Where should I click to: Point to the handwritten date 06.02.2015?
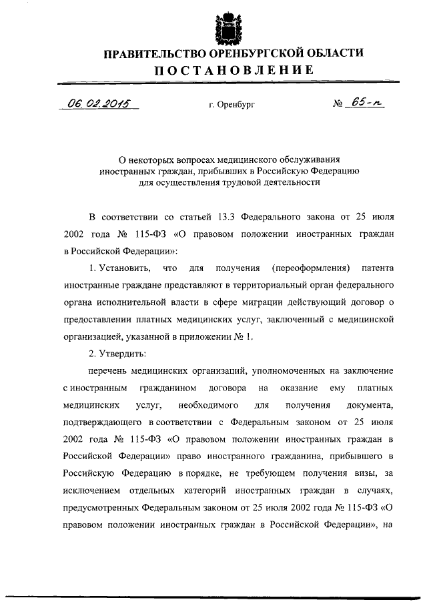tap(99, 103)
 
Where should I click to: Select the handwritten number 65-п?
tap(368, 103)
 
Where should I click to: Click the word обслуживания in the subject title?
tap(305, 160)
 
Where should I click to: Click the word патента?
tap(378, 268)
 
